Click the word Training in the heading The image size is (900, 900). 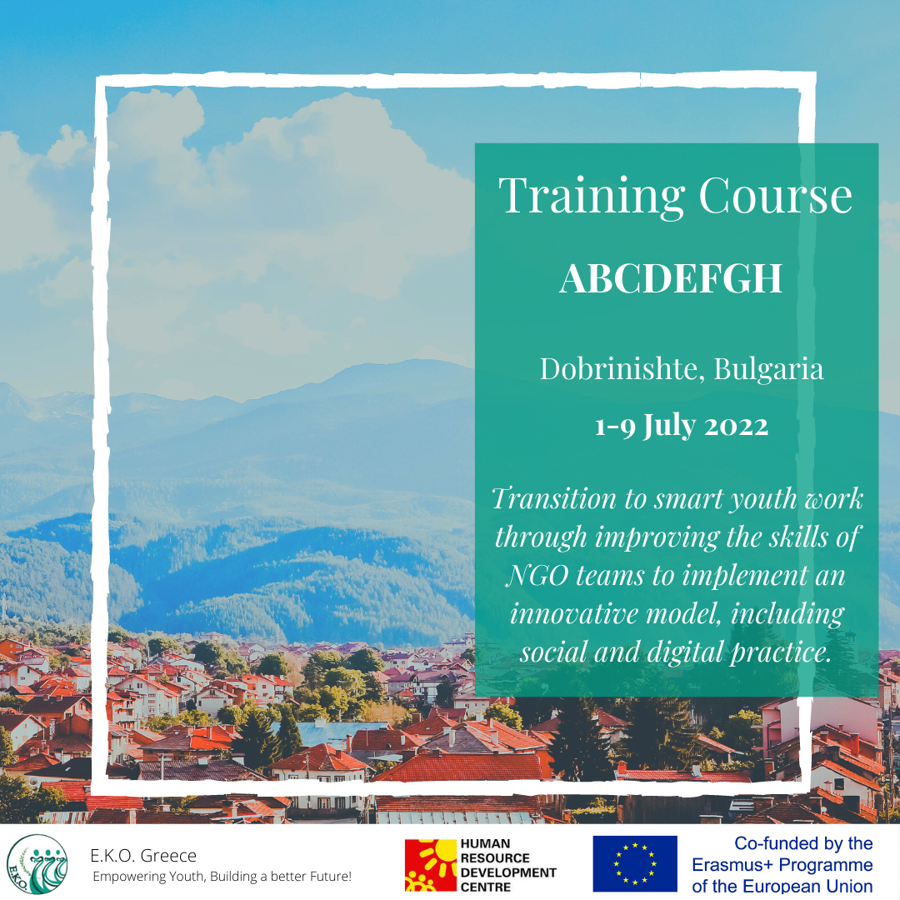click(592, 197)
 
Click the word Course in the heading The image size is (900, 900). click(776, 195)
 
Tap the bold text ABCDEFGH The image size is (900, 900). click(671, 278)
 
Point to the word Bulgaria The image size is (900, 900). click(768, 370)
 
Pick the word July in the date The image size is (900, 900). click(669, 427)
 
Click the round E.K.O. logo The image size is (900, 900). click(37, 864)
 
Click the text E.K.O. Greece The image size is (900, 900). click(143, 856)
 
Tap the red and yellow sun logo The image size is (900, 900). click(431, 865)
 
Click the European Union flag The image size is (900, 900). click(635, 864)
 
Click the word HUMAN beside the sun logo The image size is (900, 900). click(485, 843)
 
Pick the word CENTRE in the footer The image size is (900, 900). click(486, 887)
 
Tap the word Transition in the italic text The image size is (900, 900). click(554, 498)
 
